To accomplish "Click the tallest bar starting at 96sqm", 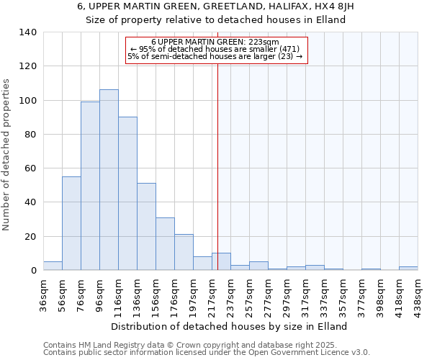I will (x=109, y=180).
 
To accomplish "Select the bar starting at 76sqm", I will (x=90, y=186).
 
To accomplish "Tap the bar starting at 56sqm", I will (x=71, y=223).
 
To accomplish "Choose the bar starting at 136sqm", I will (x=146, y=227).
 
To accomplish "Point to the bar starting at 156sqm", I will (x=165, y=244).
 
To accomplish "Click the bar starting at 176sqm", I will (x=184, y=252).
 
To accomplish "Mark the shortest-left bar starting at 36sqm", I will (x=53, y=266).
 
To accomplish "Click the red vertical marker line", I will (x=217, y=166).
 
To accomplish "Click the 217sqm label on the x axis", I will (x=212, y=294).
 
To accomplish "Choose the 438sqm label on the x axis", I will (x=418, y=294).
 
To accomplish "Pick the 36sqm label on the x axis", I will (x=44, y=294).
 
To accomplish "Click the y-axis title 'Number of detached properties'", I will (x=7, y=155).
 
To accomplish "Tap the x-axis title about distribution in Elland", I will (x=230, y=326).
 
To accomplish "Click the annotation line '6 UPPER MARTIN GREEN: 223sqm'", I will (x=216, y=42).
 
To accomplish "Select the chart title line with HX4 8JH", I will (x=216, y=6).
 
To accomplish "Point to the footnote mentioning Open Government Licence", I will (x=207, y=353).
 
